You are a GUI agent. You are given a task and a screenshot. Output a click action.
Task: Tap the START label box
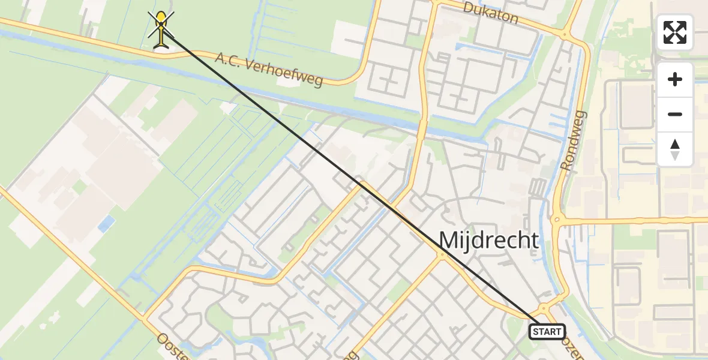coord(547,331)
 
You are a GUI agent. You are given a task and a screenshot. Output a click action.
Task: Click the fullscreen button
coord(675,32)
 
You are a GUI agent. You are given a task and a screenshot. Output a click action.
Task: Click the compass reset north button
coord(675,149)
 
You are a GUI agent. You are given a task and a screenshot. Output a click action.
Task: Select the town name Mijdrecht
coord(488,240)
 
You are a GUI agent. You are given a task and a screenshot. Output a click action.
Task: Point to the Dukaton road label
coord(490,13)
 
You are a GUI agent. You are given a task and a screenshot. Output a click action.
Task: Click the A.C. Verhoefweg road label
coord(269,68)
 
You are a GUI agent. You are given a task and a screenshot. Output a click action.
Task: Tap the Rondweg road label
coord(574,140)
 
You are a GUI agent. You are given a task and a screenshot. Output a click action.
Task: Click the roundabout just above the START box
coord(544,308)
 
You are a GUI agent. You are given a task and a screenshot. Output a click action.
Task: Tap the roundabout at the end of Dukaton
coord(565,35)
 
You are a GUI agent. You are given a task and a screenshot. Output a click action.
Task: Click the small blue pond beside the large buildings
coord(106,224)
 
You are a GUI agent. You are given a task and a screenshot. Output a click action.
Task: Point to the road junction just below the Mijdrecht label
coord(442,256)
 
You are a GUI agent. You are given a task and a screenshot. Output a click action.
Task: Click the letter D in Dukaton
coord(469,7)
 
